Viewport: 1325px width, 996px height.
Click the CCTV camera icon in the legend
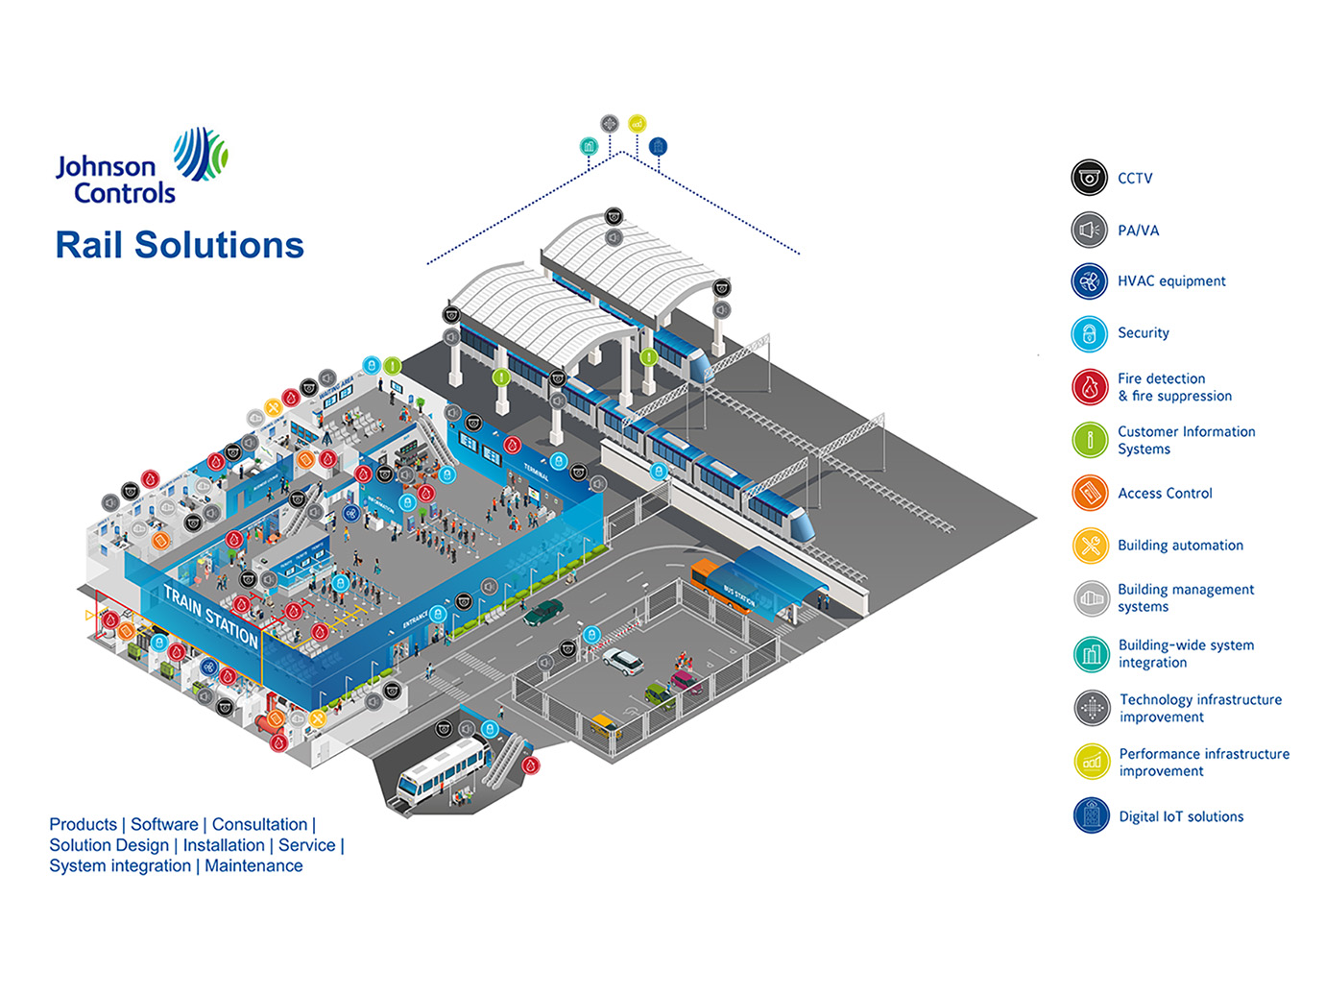point(1089,178)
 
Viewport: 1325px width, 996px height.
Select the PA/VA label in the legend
point(1138,231)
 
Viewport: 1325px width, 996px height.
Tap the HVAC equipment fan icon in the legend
point(1089,281)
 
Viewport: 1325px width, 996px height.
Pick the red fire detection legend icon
point(1089,387)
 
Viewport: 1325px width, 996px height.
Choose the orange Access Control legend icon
point(1089,493)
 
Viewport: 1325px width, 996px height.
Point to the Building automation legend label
point(1180,546)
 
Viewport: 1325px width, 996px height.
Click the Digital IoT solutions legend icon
point(1091,815)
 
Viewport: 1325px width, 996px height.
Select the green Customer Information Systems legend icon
point(1089,440)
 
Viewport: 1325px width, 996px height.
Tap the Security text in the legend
point(1143,333)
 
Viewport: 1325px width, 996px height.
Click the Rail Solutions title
point(180,245)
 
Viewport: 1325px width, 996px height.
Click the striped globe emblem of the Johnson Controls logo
point(200,154)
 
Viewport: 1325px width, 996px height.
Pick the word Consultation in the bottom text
point(259,824)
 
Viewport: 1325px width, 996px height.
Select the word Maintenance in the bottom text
point(253,865)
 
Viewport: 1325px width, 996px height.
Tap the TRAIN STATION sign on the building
point(210,616)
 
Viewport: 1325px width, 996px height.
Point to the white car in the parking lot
point(623,661)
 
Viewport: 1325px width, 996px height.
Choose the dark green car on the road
point(543,612)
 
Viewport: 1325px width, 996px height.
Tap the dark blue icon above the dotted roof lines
point(658,146)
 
